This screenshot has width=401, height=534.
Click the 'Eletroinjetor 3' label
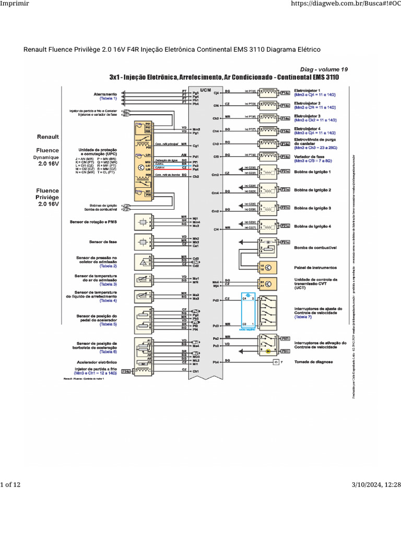(x=308, y=116)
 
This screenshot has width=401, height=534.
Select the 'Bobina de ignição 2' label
(x=313, y=190)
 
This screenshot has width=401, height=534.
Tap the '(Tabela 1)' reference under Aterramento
(x=108, y=98)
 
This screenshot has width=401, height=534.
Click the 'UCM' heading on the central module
(x=205, y=89)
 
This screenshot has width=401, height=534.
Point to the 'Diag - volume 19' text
(x=324, y=69)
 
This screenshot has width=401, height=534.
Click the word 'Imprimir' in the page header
(x=14, y=5)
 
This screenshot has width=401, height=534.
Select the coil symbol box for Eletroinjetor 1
(x=269, y=93)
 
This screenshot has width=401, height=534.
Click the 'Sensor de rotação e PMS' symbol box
(x=143, y=222)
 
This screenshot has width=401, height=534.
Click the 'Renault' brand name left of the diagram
(x=48, y=137)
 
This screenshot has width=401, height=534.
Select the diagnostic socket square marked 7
(x=276, y=361)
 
